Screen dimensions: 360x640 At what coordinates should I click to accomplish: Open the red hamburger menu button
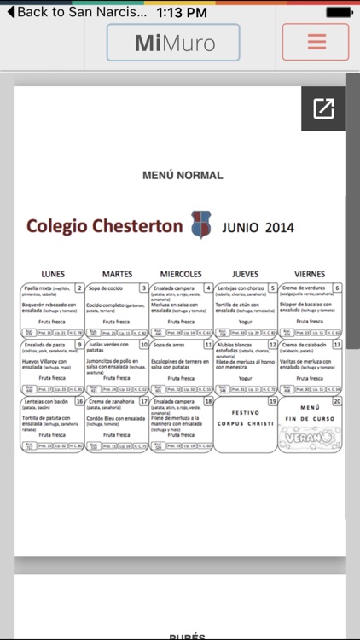[x=316, y=42]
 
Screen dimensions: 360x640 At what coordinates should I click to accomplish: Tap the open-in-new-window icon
[x=324, y=108]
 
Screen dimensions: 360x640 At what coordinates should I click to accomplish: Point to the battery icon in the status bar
[x=340, y=12]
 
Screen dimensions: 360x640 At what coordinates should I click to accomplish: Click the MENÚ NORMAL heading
[x=183, y=176]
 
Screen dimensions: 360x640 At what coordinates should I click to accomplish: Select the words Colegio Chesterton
[x=104, y=226]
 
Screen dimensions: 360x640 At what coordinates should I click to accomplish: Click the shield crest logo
[x=201, y=225]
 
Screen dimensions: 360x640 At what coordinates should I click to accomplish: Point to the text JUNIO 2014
[x=258, y=228]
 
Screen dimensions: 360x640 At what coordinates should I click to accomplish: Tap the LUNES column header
[x=53, y=274]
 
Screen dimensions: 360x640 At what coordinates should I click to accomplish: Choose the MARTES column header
[x=117, y=274]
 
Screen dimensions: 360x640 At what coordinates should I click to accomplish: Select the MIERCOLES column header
[x=181, y=274]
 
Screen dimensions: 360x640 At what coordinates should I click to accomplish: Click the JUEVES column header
[x=246, y=274]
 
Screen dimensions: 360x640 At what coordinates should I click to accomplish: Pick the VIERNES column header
[x=310, y=274]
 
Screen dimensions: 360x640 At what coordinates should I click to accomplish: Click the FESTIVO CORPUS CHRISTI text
[x=246, y=418]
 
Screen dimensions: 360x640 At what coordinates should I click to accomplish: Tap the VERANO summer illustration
[x=310, y=436]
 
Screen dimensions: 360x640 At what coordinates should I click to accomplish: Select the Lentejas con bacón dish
[x=47, y=401]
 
